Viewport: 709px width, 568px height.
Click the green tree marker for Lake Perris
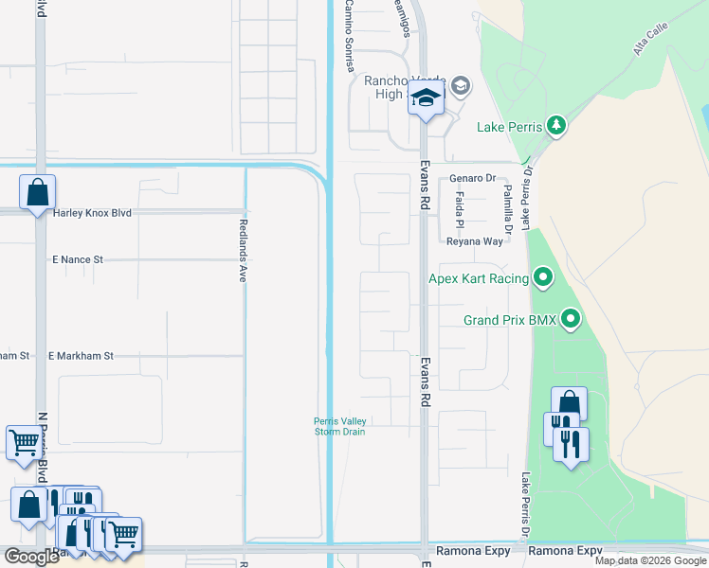click(x=556, y=126)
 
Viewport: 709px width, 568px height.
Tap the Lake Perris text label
click(x=510, y=127)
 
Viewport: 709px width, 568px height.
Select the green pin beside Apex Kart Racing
click(x=543, y=278)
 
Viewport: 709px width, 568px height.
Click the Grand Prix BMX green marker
click(x=571, y=320)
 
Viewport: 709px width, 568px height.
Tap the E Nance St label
click(x=78, y=258)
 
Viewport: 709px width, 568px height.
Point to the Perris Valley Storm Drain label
click(x=340, y=427)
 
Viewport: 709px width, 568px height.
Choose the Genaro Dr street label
click(x=473, y=178)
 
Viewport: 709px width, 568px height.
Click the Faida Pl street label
click(x=459, y=210)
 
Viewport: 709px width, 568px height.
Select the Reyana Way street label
click(x=475, y=242)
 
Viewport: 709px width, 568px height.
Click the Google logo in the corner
click(x=30, y=556)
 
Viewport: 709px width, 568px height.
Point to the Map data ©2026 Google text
click(x=651, y=560)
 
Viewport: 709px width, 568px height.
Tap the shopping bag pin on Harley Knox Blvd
click(x=38, y=193)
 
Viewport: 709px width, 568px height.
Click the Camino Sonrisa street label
click(x=349, y=36)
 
